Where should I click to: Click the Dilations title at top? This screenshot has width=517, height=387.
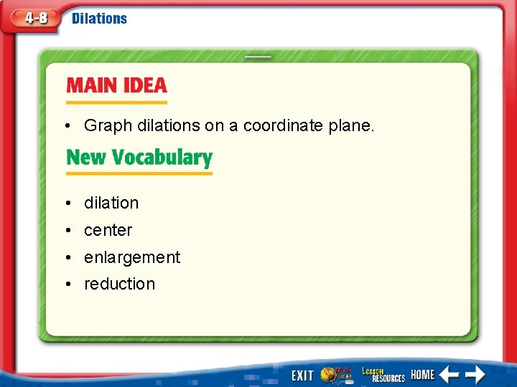pos(99,19)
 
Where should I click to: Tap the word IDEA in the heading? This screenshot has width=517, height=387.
pos(144,86)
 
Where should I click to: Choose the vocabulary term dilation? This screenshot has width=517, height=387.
pos(111,203)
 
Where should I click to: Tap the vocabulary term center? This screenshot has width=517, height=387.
pos(108,230)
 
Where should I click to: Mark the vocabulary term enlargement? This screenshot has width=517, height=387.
pos(132,257)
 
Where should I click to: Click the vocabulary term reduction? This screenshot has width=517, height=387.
pos(119,284)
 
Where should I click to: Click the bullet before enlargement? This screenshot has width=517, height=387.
pos(66,257)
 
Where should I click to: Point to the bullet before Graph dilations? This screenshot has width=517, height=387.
pos(66,126)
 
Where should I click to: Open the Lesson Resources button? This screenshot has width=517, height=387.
pos(382,374)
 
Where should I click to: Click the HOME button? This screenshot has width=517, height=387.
pos(423,374)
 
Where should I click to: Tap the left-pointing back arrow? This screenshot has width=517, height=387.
pos(449,374)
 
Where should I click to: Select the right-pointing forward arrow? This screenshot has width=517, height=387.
pos(474,374)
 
